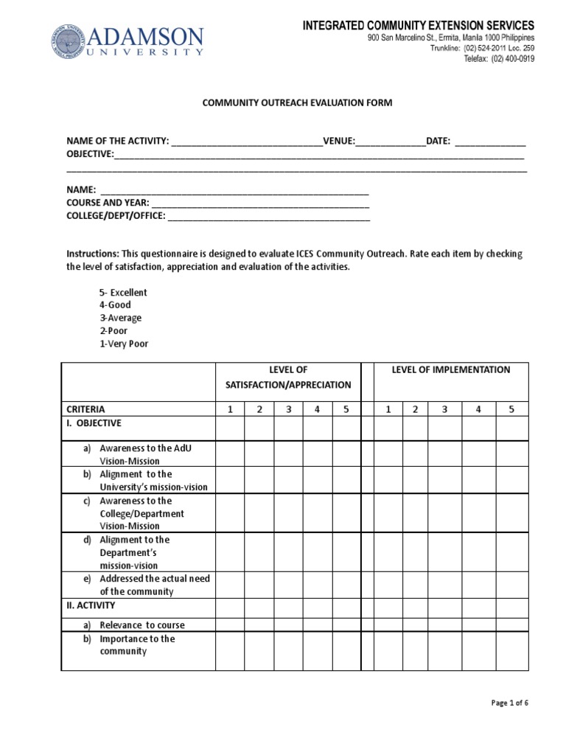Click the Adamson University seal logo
coord(68,43)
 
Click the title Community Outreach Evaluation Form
coord(298,103)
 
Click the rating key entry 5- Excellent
coord(123,293)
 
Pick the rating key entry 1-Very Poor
coord(124,344)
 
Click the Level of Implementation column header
coord(451,370)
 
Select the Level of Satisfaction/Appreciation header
coord(288,377)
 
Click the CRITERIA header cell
coord(86,409)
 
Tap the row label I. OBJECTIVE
coord(94,424)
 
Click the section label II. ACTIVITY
coord(91,605)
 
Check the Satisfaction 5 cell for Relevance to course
coord(346,625)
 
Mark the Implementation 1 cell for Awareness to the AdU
coord(389,454)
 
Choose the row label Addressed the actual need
coord(154,579)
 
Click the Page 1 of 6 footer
coord(509,703)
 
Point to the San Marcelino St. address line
coord(451,38)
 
